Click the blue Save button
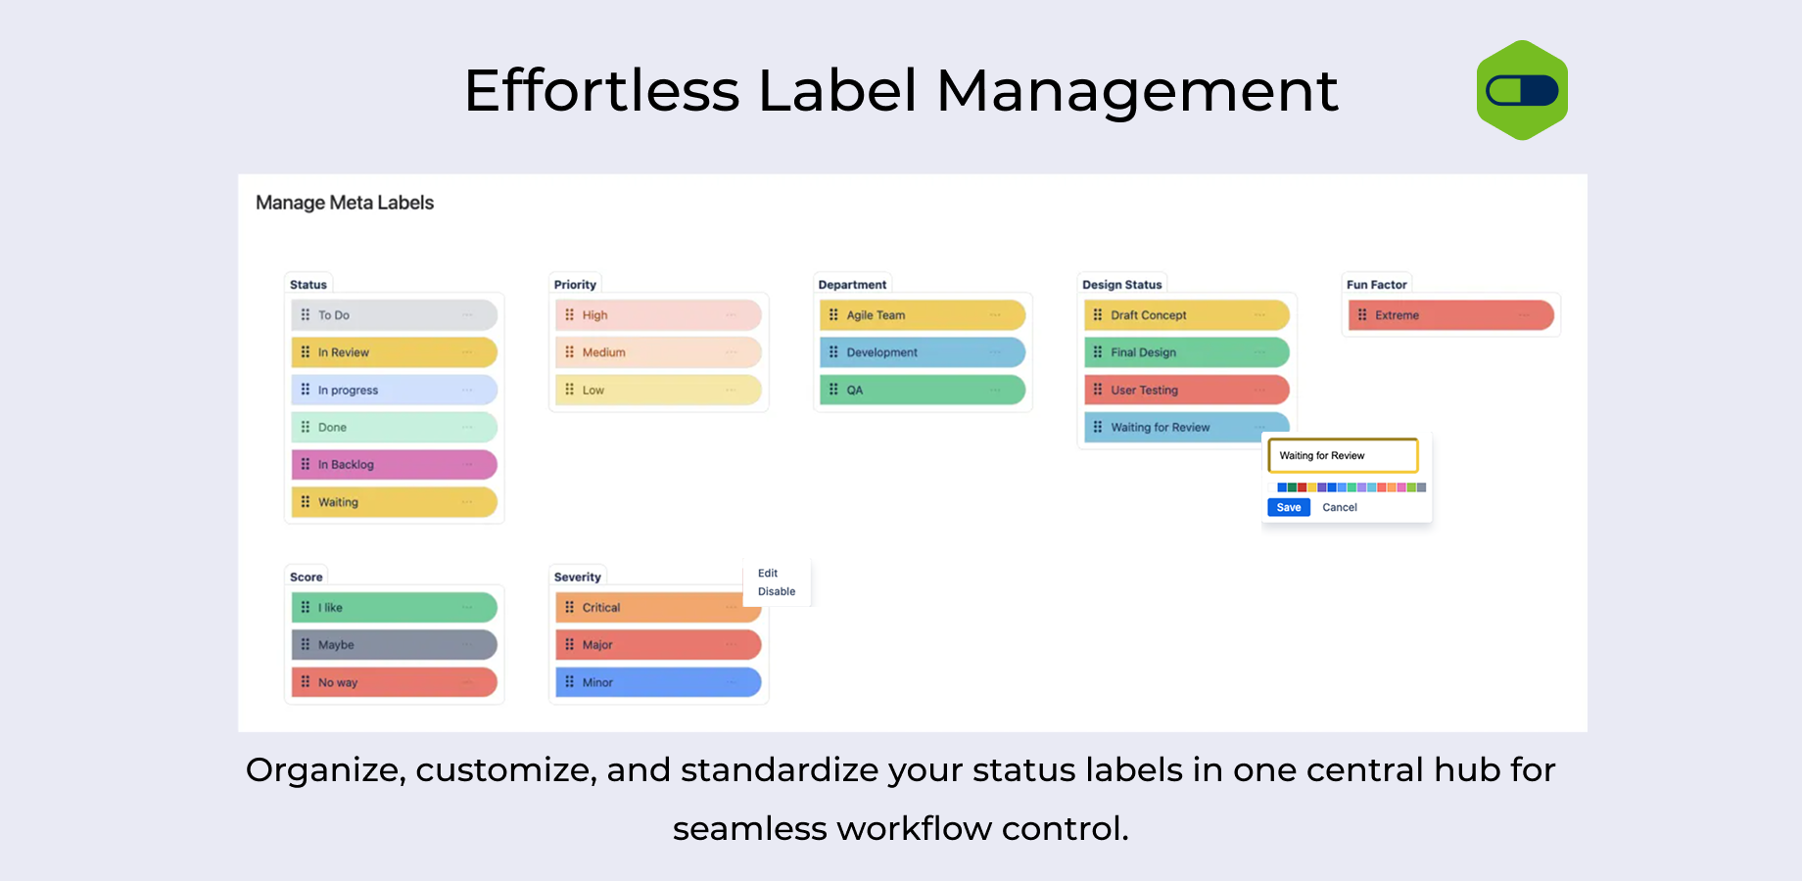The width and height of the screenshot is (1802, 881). click(1289, 507)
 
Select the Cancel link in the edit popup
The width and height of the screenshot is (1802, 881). click(1340, 507)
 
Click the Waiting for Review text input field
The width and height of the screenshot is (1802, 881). click(1344, 455)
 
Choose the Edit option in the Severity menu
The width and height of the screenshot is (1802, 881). click(768, 573)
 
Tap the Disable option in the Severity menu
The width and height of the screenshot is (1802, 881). click(777, 591)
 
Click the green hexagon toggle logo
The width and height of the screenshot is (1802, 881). click(1522, 90)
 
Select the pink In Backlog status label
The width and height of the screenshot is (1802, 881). click(395, 464)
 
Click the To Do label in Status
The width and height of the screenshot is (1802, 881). click(395, 315)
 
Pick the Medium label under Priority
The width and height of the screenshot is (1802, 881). click(658, 352)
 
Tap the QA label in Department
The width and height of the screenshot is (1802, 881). click(923, 390)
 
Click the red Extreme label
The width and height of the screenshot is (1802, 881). click(1451, 315)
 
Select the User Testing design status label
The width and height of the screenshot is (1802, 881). click(1187, 390)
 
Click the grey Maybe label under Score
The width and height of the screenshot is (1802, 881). click(395, 644)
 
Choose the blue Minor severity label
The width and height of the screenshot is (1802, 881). click(658, 682)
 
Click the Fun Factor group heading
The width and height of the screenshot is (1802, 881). click(1376, 285)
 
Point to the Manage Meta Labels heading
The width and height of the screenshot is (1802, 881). click(345, 203)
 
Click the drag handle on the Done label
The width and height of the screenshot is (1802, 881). click(306, 427)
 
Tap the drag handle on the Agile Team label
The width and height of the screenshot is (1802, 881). click(833, 315)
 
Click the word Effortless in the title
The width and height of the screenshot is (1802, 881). click(601, 90)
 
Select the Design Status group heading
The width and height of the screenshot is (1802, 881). click(1121, 285)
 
